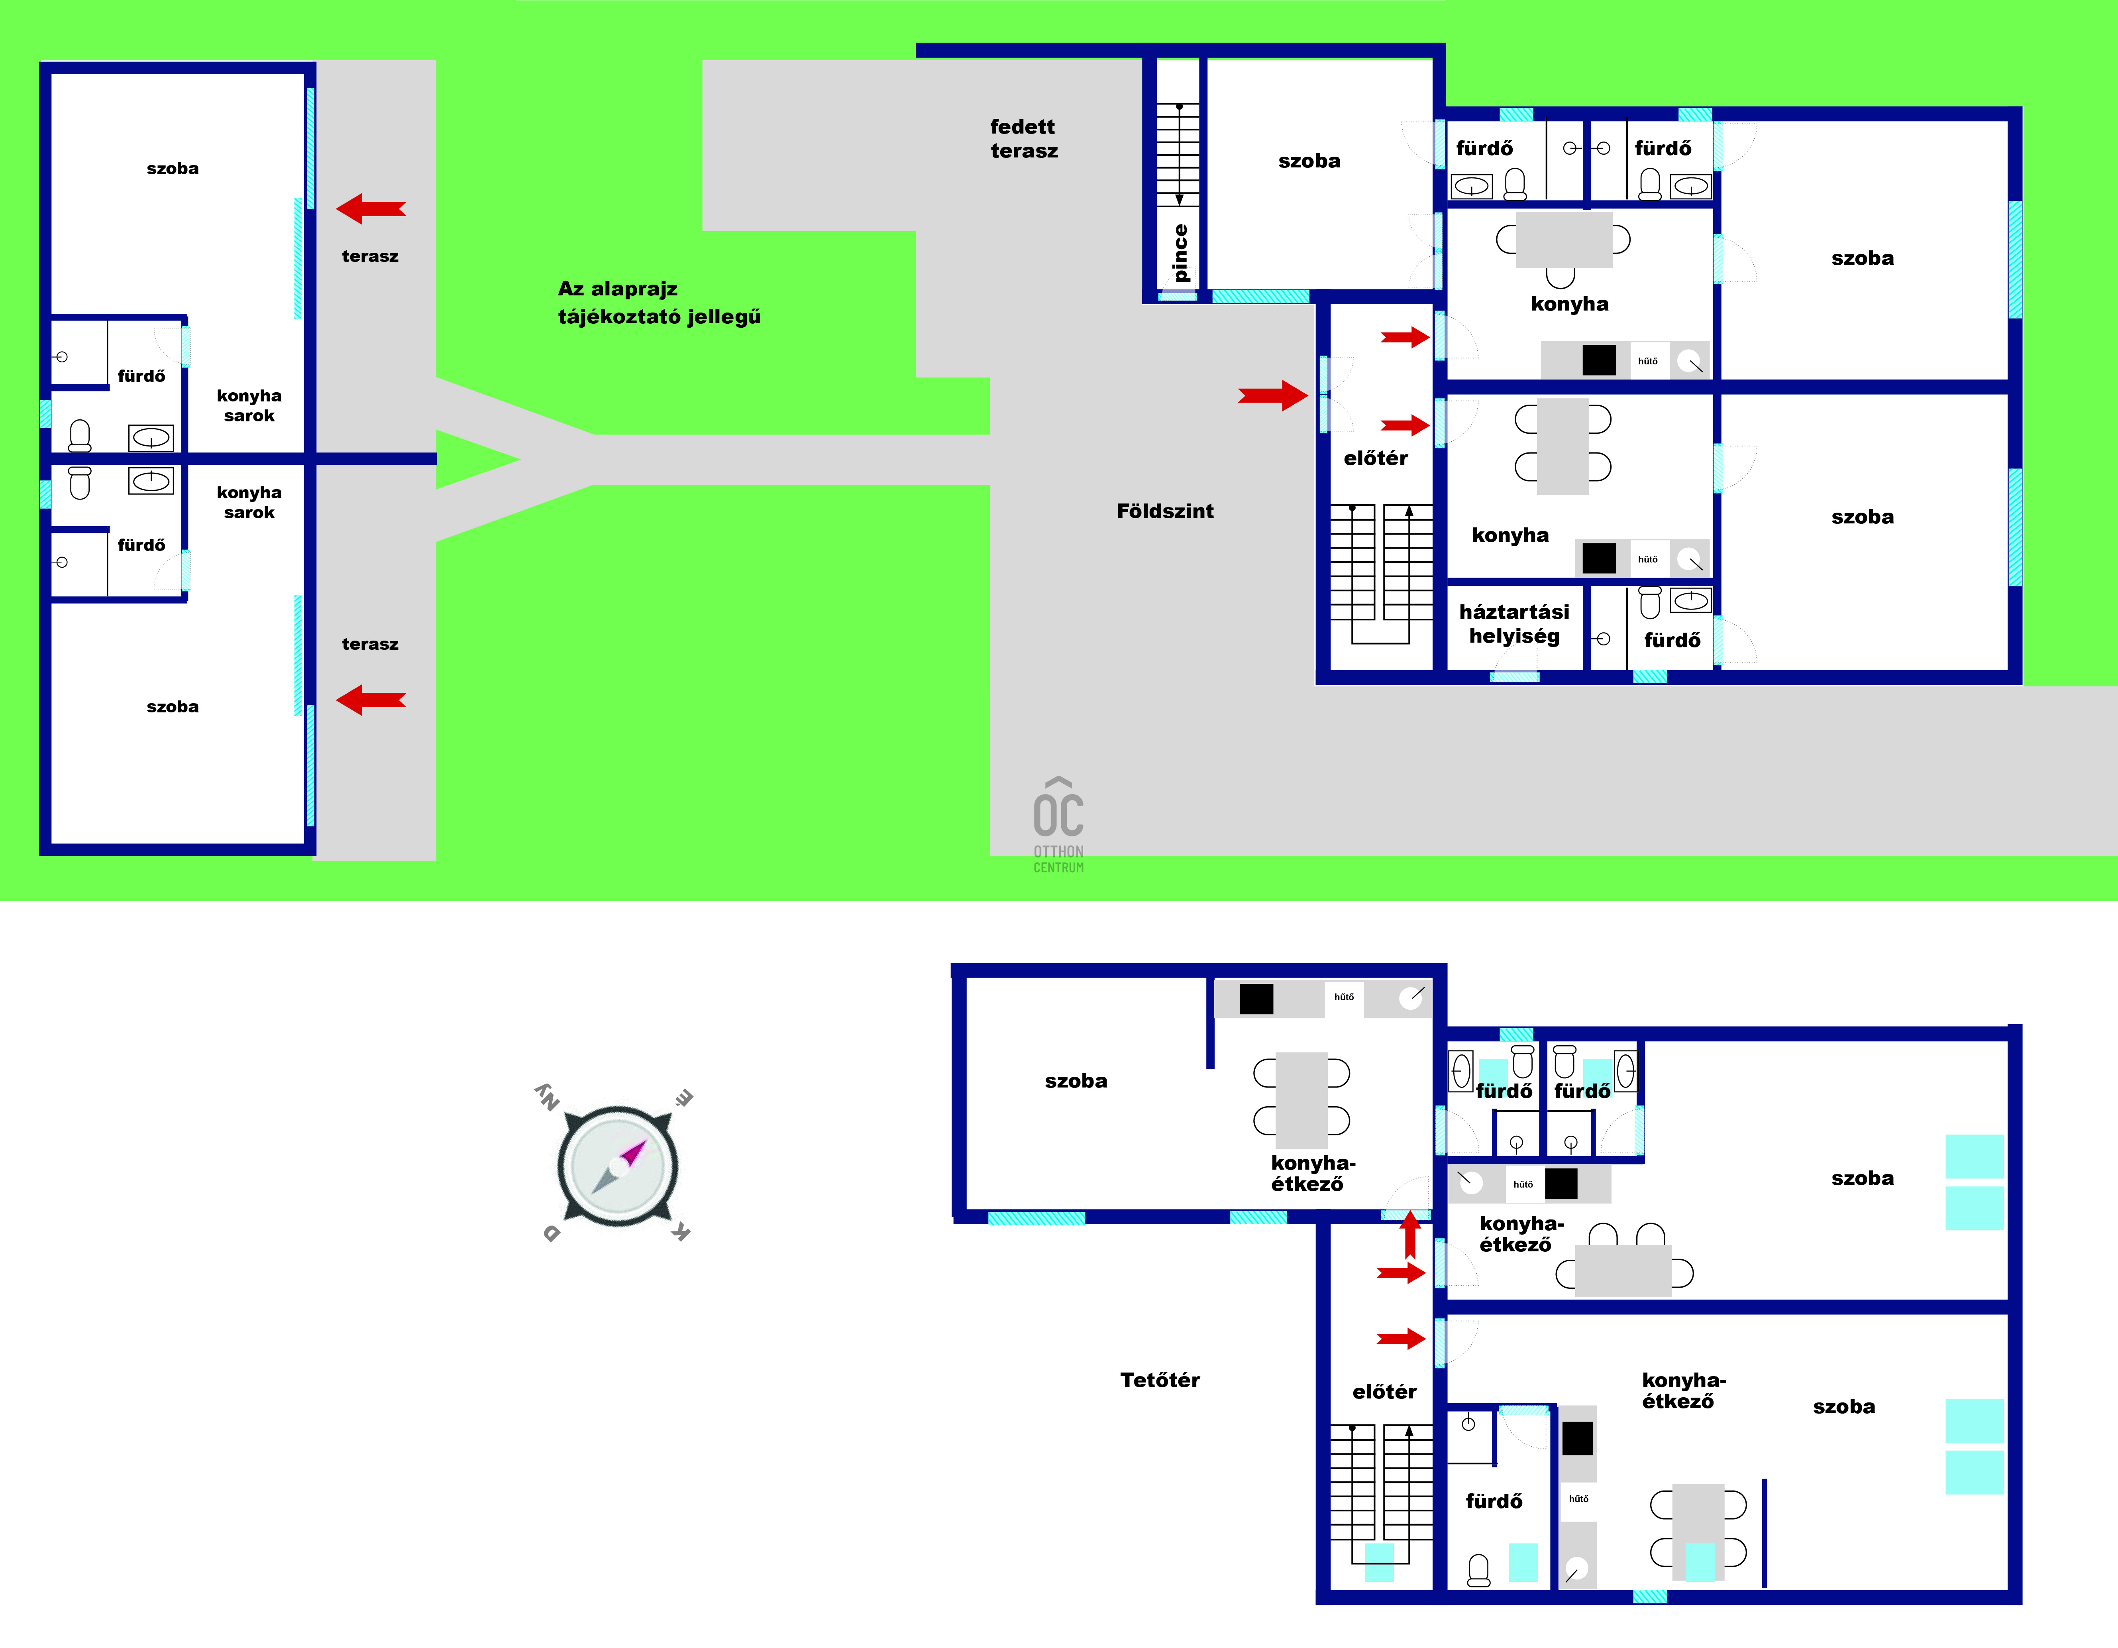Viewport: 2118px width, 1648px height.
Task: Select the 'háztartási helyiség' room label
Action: pyautogui.click(x=1514, y=624)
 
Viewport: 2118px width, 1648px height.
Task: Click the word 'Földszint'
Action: pyautogui.click(x=1165, y=511)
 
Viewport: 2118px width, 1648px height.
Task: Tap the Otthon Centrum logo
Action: pyautogui.click(x=1059, y=824)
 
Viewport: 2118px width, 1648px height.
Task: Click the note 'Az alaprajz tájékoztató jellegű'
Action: pyautogui.click(x=660, y=303)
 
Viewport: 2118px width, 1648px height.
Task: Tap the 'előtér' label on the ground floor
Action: pyautogui.click(x=1375, y=458)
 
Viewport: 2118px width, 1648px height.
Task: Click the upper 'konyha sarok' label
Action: pyautogui.click(x=249, y=405)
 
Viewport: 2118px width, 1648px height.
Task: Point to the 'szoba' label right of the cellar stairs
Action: pyautogui.click(x=1309, y=161)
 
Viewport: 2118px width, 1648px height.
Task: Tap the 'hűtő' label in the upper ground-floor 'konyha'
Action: pyautogui.click(x=1648, y=361)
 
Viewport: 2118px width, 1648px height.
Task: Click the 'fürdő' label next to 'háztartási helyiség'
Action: pyautogui.click(x=1672, y=640)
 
